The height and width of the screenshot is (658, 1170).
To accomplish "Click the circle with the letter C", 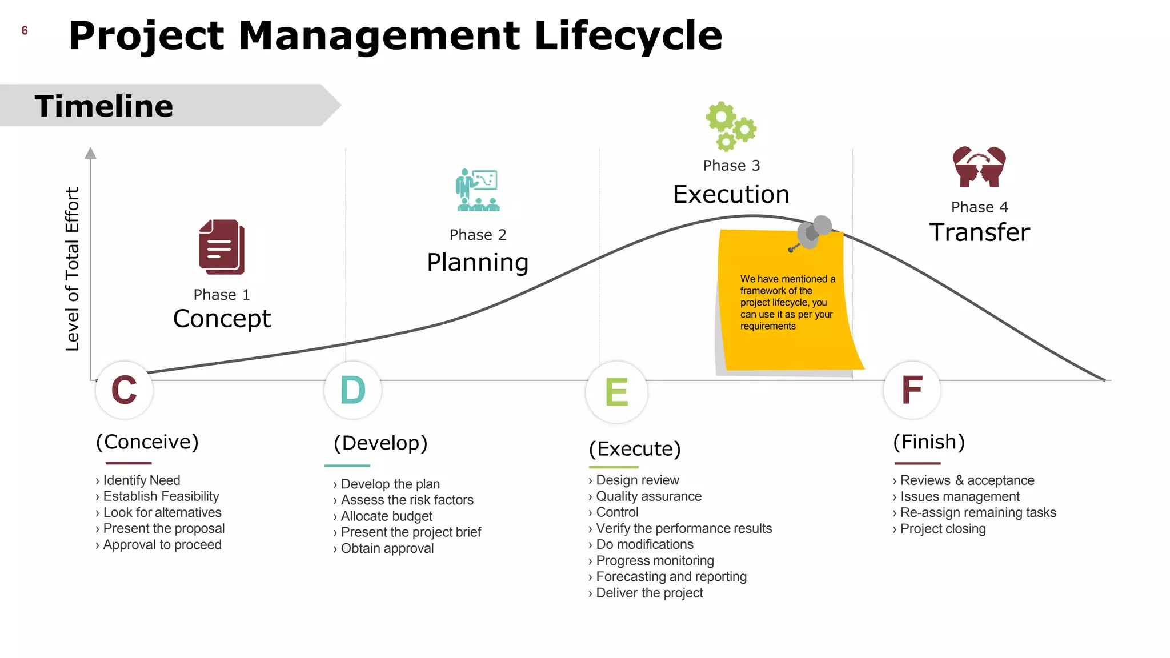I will [x=124, y=390].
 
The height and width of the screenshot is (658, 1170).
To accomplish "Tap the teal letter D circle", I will [x=352, y=390].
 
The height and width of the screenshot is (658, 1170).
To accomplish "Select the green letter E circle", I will [x=616, y=392].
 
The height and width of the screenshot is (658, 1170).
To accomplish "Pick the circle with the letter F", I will [x=912, y=390].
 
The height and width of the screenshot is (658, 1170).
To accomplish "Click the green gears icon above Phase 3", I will [x=730, y=126].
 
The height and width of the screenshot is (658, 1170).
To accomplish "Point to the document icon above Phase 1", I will [x=222, y=247].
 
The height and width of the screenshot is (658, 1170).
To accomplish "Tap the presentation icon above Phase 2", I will [x=478, y=190].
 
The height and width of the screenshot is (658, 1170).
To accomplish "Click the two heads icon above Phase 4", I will [x=979, y=167].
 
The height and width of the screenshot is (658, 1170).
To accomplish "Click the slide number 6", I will [x=25, y=31].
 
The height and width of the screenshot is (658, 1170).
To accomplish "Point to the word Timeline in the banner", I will [x=104, y=106].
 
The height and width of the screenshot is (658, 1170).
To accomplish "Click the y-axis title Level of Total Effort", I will [x=72, y=268].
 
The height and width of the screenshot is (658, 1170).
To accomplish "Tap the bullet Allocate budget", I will [x=386, y=516].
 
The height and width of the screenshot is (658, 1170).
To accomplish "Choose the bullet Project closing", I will [x=943, y=529].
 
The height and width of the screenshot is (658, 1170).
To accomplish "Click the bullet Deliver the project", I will [x=649, y=593].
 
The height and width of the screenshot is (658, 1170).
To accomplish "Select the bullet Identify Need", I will [x=141, y=480].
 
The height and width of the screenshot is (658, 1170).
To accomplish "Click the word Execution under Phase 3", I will [x=731, y=195].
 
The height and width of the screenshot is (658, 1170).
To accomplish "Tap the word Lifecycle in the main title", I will [x=628, y=35].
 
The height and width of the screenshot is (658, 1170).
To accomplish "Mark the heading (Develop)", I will [x=380, y=443].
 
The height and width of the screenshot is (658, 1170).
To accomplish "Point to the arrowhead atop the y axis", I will [x=90, y=153].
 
